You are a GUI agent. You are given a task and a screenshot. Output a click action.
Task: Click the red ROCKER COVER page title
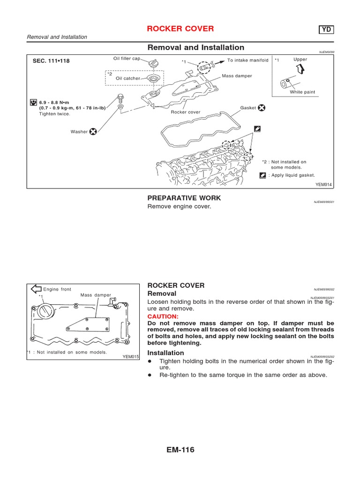(x=180, y=29)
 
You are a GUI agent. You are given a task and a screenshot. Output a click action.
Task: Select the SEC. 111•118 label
(x=51, y=61)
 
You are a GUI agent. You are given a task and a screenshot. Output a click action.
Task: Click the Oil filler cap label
(x=127, y=59)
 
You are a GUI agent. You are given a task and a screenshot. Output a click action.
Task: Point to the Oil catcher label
(x=128, y=78)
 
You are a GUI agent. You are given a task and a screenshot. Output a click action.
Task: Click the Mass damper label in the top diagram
(x=237, y=75)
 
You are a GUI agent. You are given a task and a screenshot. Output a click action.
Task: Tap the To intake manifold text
(x=248, y=60)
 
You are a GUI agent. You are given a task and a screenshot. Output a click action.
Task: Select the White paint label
(x=302, y=92)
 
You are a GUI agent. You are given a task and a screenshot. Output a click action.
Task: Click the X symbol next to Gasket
(x=262, y=108)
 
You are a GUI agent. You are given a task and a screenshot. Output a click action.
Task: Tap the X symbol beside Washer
(x=93, y=132)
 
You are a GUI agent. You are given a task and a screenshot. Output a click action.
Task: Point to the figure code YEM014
(x=323, y=185)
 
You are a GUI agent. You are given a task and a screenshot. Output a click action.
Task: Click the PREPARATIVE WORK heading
(x=184, y=198)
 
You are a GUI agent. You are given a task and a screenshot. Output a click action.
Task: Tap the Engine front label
(x=57, y=289)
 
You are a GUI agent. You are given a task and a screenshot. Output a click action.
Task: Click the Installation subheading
(x=165, y=352)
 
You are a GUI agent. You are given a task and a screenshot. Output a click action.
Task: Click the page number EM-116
(x=180, y=450)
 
